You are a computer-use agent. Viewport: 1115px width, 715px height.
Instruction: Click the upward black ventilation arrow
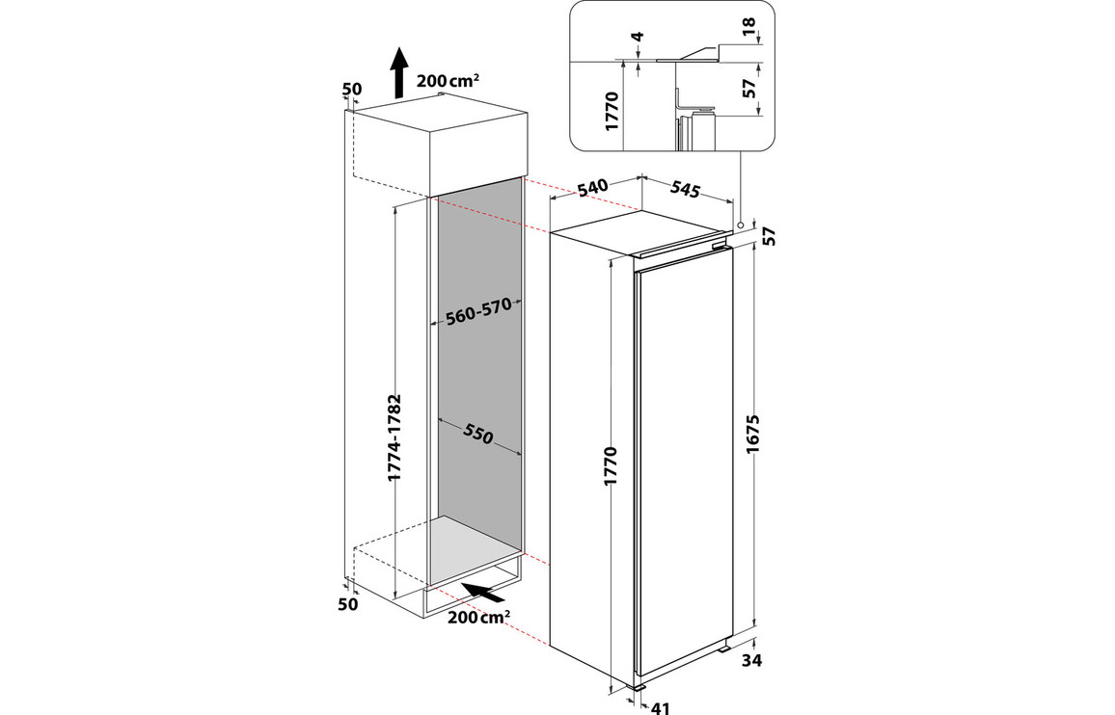click(x=398, y=72)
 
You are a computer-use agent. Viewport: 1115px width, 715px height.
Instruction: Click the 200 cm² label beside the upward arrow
click(x=449, y=80)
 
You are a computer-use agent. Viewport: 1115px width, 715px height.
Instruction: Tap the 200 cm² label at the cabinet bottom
click(x=479, y=617)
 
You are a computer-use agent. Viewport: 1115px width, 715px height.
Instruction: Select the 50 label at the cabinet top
click(x=352, y=90)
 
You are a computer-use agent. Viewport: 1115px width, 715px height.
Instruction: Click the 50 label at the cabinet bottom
click(x=348, y=604)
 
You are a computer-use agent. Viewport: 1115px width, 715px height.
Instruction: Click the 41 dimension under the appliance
click(x=661, y=708)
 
